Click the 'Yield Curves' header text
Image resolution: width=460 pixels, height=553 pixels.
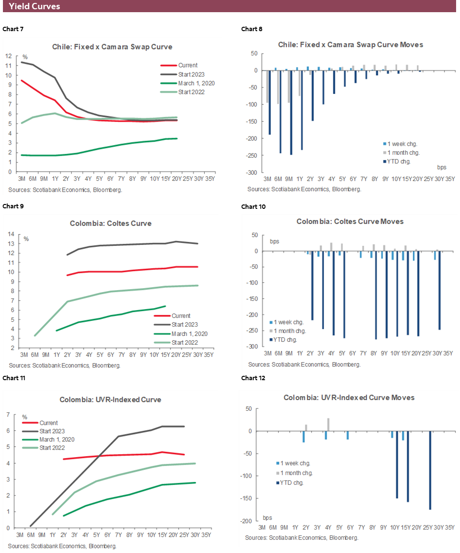pos(35,6)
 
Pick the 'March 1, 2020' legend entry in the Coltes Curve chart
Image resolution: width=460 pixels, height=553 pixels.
pos(189,333)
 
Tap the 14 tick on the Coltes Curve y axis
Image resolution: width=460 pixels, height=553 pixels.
pos(10,234)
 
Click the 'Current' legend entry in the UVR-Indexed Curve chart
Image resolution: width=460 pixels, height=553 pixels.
pos(49,423)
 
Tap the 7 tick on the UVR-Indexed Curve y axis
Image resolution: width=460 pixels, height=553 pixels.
pos(8,414)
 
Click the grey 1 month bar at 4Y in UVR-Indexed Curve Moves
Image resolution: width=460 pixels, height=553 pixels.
pos(328,424)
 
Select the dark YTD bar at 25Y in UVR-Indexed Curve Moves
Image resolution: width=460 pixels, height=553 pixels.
pos(430,470)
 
